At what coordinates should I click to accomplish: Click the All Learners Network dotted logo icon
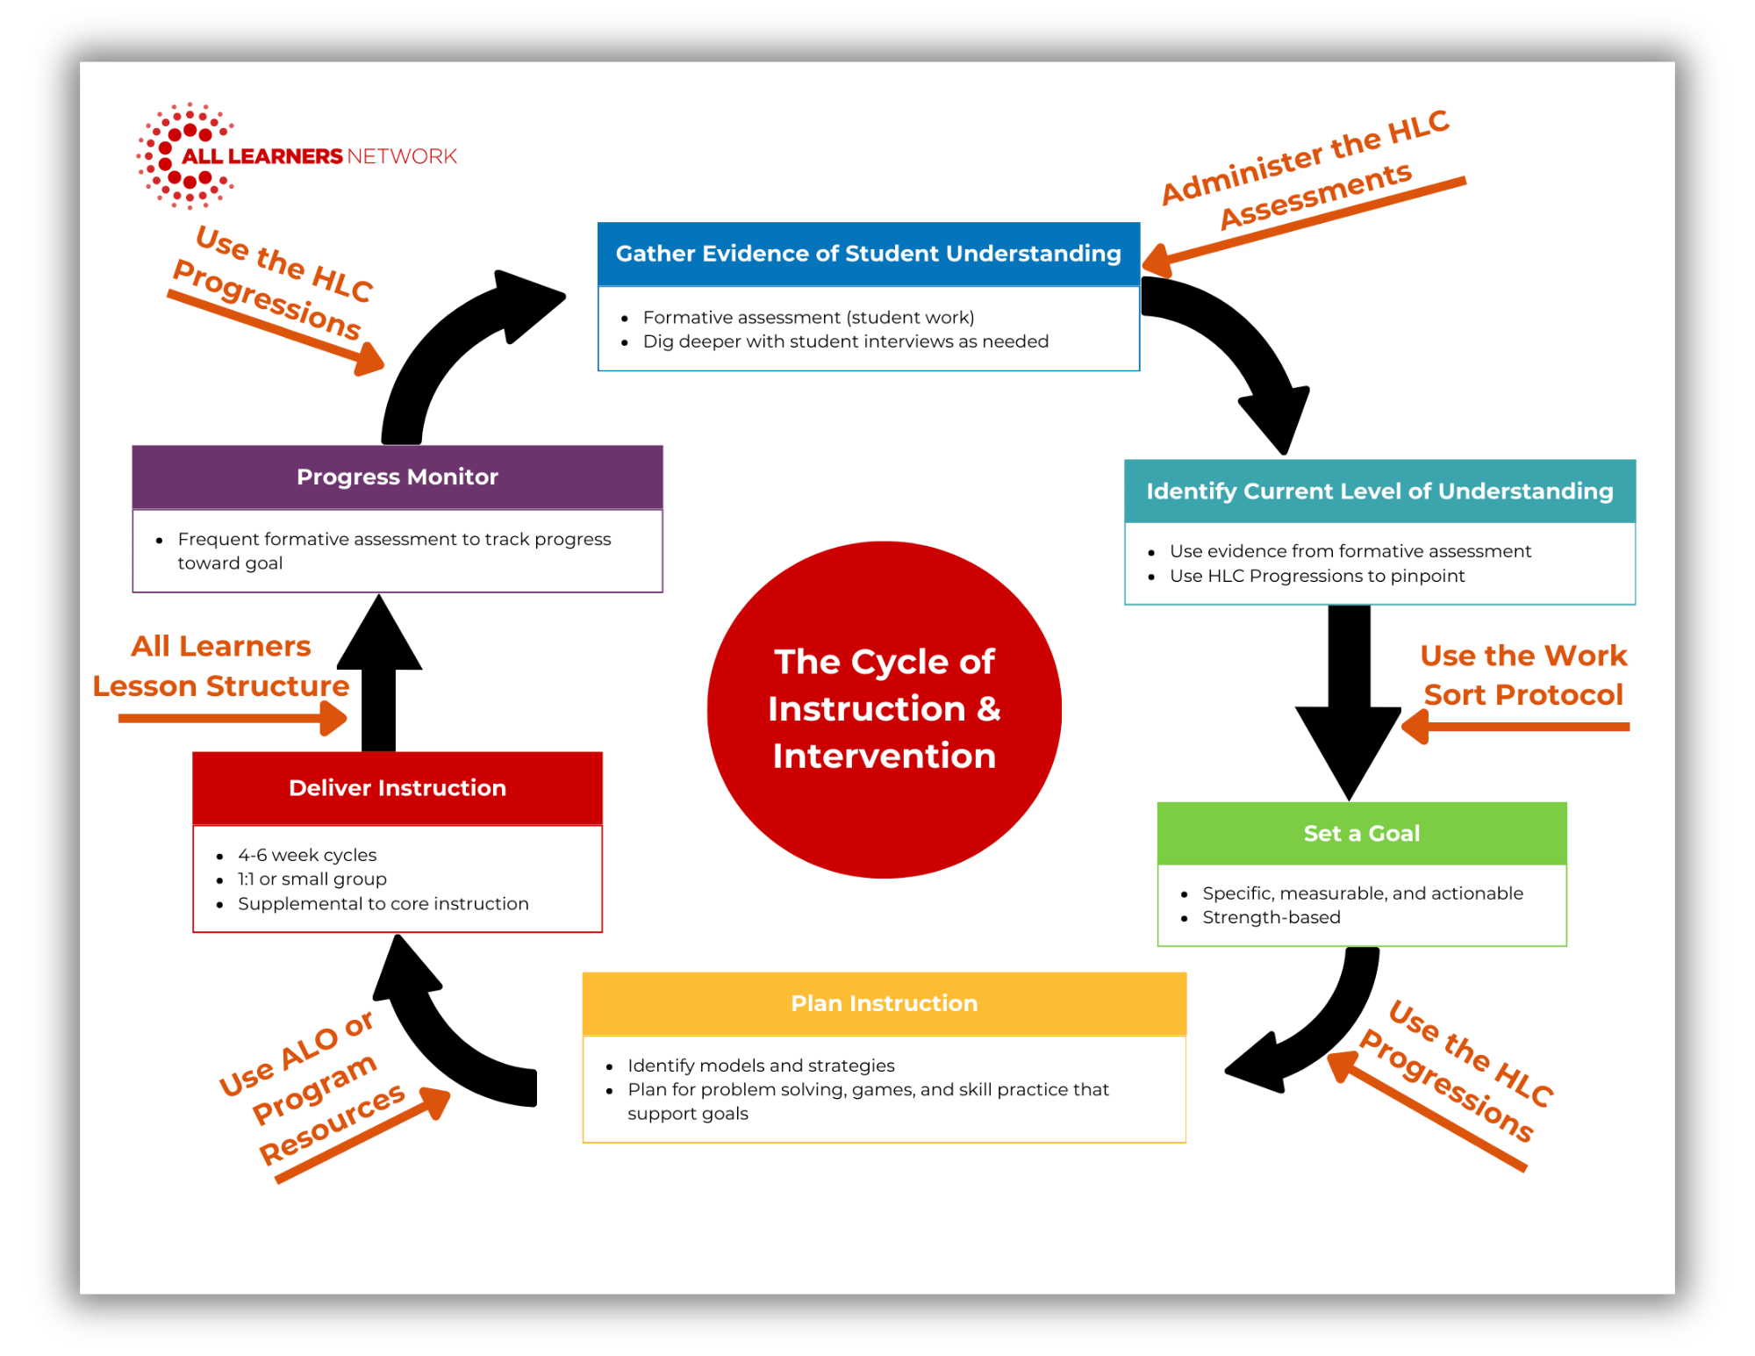pyautogui.click(x=185, y=156)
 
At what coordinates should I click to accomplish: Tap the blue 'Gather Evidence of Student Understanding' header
pyautogui.click(x=868, y=254)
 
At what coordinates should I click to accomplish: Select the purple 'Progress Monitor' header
pyautogui.click(x=397, y=477)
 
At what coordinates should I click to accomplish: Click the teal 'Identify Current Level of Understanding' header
pyautogui.click(x=1379, y=491)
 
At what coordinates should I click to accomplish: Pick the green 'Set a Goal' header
pyautogui.click(x=1361, y=833)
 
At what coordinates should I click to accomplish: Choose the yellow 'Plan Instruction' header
pyautogui.click(x=884, y=1003)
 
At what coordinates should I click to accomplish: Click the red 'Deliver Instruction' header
pyautogui.click(x=397, y=787)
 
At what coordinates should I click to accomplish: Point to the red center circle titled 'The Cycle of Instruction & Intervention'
pyautogui.click(x=884, y=709)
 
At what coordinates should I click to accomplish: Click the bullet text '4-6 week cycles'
pyautogui.click(x=307, y=855)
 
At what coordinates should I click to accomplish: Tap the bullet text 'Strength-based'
pyautogui.click(x=1271, y=917)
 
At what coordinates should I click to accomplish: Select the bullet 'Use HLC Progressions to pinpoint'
pyautogui.click(x=1316, y=576)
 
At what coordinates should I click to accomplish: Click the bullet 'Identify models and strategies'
pyautogui.click(x=761, y=1065)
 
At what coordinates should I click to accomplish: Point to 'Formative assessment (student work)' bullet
pyautogui.click(x=808, y=317)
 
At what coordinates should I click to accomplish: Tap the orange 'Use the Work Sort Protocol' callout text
pyautogui.click(x=1523, y=675)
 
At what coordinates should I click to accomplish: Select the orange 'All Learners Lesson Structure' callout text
pyautogui.click(x=221, y=666)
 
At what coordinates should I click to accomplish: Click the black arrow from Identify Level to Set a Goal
pyautogui.click(x=1349, y=693)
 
